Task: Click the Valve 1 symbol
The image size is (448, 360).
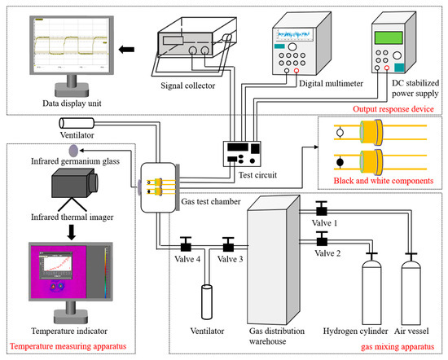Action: click(x=322, y=209)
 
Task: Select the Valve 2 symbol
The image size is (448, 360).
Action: click(x=322, y=239)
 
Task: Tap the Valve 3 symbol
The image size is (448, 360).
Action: click(x=228, y=244)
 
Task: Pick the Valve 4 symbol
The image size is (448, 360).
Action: click(x=186, y=244)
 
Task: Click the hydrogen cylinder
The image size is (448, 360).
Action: click(x=371, y=289)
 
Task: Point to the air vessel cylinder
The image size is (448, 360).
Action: click(x=411, y=289)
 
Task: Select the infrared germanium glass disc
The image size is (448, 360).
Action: click(x=73, y=151)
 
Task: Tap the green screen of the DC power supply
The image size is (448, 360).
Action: click(x=389, y=37)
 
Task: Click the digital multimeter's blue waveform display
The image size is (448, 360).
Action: click(x=293, y=34)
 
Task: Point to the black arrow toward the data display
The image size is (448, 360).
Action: click(x=126, y=50)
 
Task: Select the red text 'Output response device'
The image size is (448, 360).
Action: click(x=393, y=109)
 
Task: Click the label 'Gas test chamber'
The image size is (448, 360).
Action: click(x=211, y=201)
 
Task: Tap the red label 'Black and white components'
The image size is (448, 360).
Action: click(x=384, y=181)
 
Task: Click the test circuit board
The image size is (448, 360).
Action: click(x=242, y=154)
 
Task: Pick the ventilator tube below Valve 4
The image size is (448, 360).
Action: click(x=207, y=301)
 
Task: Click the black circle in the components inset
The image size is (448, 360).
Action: click(x=340, y=163)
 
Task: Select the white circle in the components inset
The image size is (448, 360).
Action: click(x=340, y=133)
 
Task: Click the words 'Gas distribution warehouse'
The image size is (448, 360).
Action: click(x=277, y=336)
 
